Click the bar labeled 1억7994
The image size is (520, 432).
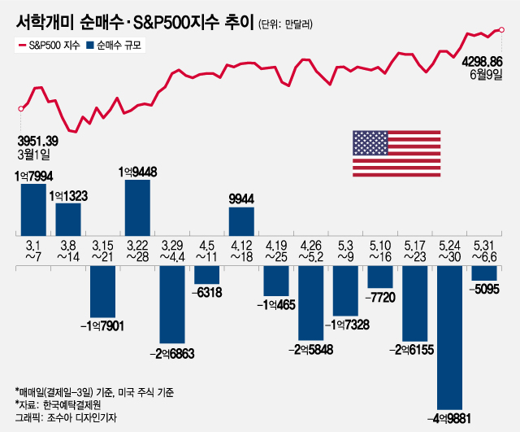(x=32, y=207)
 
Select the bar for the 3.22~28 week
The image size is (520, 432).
(x=136, y=204)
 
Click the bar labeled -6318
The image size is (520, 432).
(x=206, y=274)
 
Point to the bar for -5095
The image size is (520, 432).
(x=484, y=273)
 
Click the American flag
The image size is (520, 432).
(x=396, y=153)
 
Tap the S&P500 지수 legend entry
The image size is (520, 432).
(x=50, y=46)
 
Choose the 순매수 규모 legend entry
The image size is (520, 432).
(x=119, y=46)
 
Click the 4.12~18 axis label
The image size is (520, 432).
(x=241, y=251)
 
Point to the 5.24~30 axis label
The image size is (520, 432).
(x=449, y=251)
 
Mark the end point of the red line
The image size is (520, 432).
(x=501, y=29)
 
